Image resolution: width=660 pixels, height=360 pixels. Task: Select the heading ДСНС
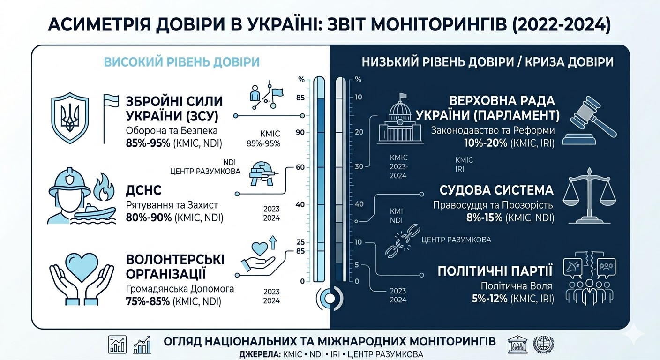(x=144, y=191)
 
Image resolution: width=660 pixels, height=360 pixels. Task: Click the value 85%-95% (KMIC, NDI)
(x=174, y=143)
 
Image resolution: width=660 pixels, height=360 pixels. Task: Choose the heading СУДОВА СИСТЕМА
(x=496, y=190)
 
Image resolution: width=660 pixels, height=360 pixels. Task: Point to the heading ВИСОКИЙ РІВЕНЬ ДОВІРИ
(x=181, y=62)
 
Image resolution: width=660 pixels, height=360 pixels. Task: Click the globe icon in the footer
(x=543, y=345)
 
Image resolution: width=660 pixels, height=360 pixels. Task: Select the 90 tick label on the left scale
(x=300, y=133)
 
